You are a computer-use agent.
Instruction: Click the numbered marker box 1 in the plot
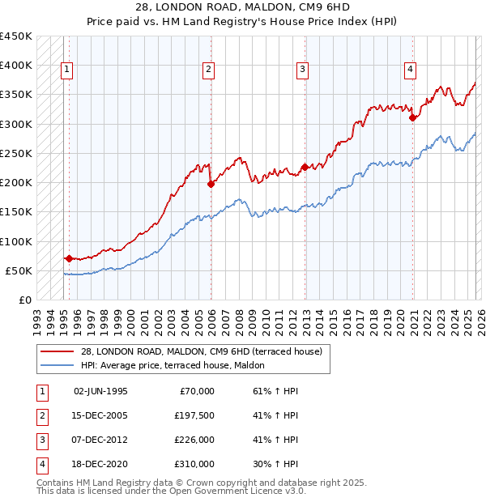(x=66, y=70)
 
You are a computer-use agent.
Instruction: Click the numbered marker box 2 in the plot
(x=208, y=70)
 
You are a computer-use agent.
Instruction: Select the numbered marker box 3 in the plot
(x=302, y=70)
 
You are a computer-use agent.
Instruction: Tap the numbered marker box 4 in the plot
(x=411, y=70)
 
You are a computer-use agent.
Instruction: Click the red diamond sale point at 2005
(x=211, y=184)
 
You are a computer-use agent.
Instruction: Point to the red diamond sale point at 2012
(x=305, y=168)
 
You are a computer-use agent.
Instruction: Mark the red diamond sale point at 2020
(x=413, y=117)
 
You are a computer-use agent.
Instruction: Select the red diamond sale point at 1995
(x=69, y=259)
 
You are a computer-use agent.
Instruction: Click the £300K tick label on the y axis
(x=15, y=124)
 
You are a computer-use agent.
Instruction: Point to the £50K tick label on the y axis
(x=19, y=270)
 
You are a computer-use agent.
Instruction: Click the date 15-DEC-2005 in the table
(x=100, y=415)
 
